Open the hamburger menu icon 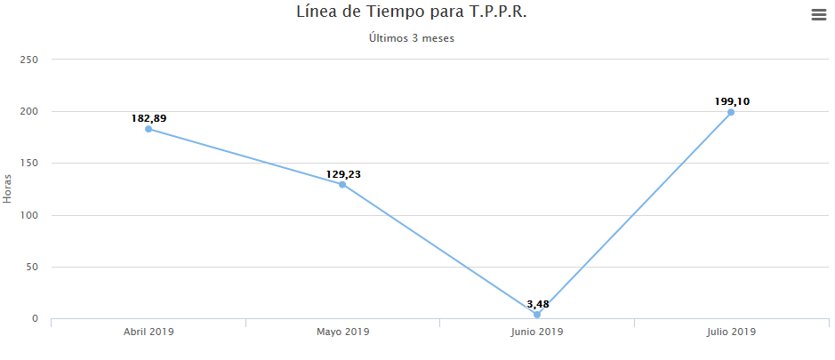(818, 15)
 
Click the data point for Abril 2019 (149, 129)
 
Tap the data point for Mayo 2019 (342, 185)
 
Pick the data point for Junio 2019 (537, 315)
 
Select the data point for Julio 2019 (731, 112)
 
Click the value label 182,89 (149, 118)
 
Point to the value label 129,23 (342, 174)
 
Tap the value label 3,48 (537, 304)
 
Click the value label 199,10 (731, 101)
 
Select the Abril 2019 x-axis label (149, 332)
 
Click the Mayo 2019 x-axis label (342, 332)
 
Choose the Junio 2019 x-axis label (537, 332)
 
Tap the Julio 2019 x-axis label (731, 332)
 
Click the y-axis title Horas (8, 188)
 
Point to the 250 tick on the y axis (29, 60)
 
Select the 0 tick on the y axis (35, 318)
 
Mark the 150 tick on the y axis (29, 164)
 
